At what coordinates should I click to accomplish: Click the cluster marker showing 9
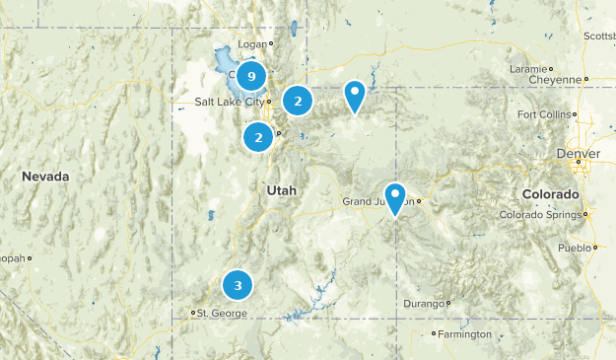(252, 76)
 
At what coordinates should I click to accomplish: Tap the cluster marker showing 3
(238, 285)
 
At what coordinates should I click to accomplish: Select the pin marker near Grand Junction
(395, 197)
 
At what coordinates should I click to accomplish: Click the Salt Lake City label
(230, 102)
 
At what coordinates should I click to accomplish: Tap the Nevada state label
(45, 177)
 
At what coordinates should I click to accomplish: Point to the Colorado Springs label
(540, 215)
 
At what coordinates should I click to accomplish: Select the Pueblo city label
(572, 248)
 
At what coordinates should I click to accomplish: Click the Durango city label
(426, 304)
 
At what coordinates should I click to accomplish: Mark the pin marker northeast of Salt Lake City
(355, 97)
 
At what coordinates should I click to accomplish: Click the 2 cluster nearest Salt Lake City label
(298, 101)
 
